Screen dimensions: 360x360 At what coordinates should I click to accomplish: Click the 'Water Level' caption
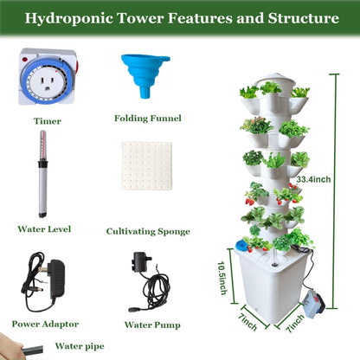point(42,229)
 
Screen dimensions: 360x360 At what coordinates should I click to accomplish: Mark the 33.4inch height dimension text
point(313,179)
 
